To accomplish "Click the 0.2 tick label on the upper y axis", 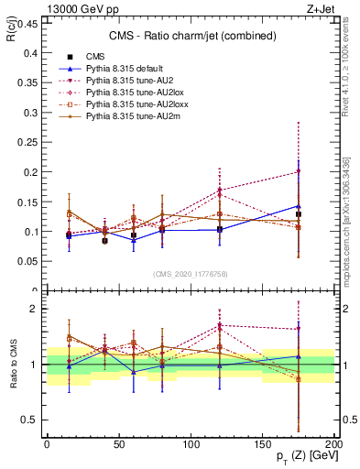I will click(x=31, y=172).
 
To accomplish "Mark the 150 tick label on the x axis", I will click(x=261, y=443).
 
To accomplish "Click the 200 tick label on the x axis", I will click(x=333, y=443).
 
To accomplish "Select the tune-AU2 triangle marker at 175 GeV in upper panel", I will click(x=298, y=171).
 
